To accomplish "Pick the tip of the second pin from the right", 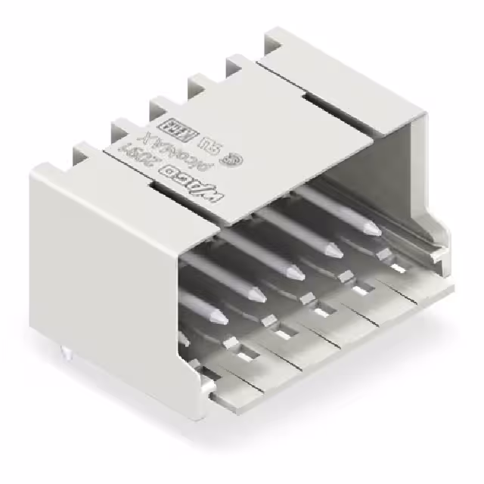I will (329, 250).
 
